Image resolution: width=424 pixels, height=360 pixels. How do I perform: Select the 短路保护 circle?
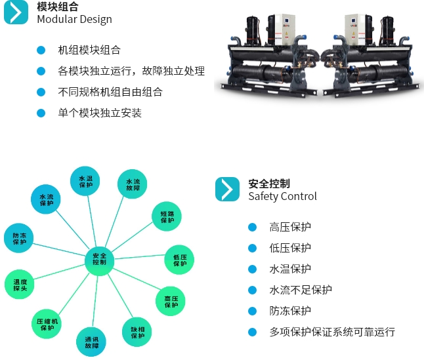[167, 217]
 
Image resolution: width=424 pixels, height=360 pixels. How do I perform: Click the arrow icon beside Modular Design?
[16, 12]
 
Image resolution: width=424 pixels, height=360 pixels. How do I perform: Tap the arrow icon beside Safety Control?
[227, 189]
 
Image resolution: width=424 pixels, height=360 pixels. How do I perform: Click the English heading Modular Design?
[74, 19]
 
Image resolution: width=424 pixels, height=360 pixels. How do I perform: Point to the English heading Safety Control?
[282, 196]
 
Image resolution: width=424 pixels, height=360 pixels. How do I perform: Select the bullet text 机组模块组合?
[89, 50]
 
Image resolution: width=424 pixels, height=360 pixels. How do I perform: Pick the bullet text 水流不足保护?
[301, 290]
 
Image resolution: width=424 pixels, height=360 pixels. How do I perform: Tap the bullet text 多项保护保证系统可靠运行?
[332, 332]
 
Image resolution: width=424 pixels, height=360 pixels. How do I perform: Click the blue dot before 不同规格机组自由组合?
[41, 92]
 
